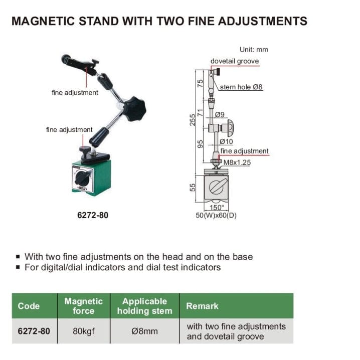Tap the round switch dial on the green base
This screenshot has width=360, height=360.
click(x=83, y=177)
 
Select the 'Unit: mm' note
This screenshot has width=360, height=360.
click(x=254, y=50)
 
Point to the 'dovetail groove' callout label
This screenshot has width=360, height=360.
click(x=235, y=61)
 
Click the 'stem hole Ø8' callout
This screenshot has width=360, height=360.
click(x=242, y=87)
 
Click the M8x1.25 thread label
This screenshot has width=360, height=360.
click(x=237, y=162)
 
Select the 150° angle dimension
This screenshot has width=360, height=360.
click(x=216, y=207)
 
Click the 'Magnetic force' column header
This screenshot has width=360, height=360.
click(x=83, y=306)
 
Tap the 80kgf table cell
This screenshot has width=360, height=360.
click(x=83, y=331)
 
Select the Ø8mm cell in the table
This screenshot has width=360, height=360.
click(x=144, y=331)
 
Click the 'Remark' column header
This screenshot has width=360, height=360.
click(x=202, y=306)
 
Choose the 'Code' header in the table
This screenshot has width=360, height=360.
click(x=29, y=306)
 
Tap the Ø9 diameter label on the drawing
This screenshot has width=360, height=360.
click(x=220, y=115)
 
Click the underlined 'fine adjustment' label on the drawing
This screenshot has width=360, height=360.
click(x=245, y=151)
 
